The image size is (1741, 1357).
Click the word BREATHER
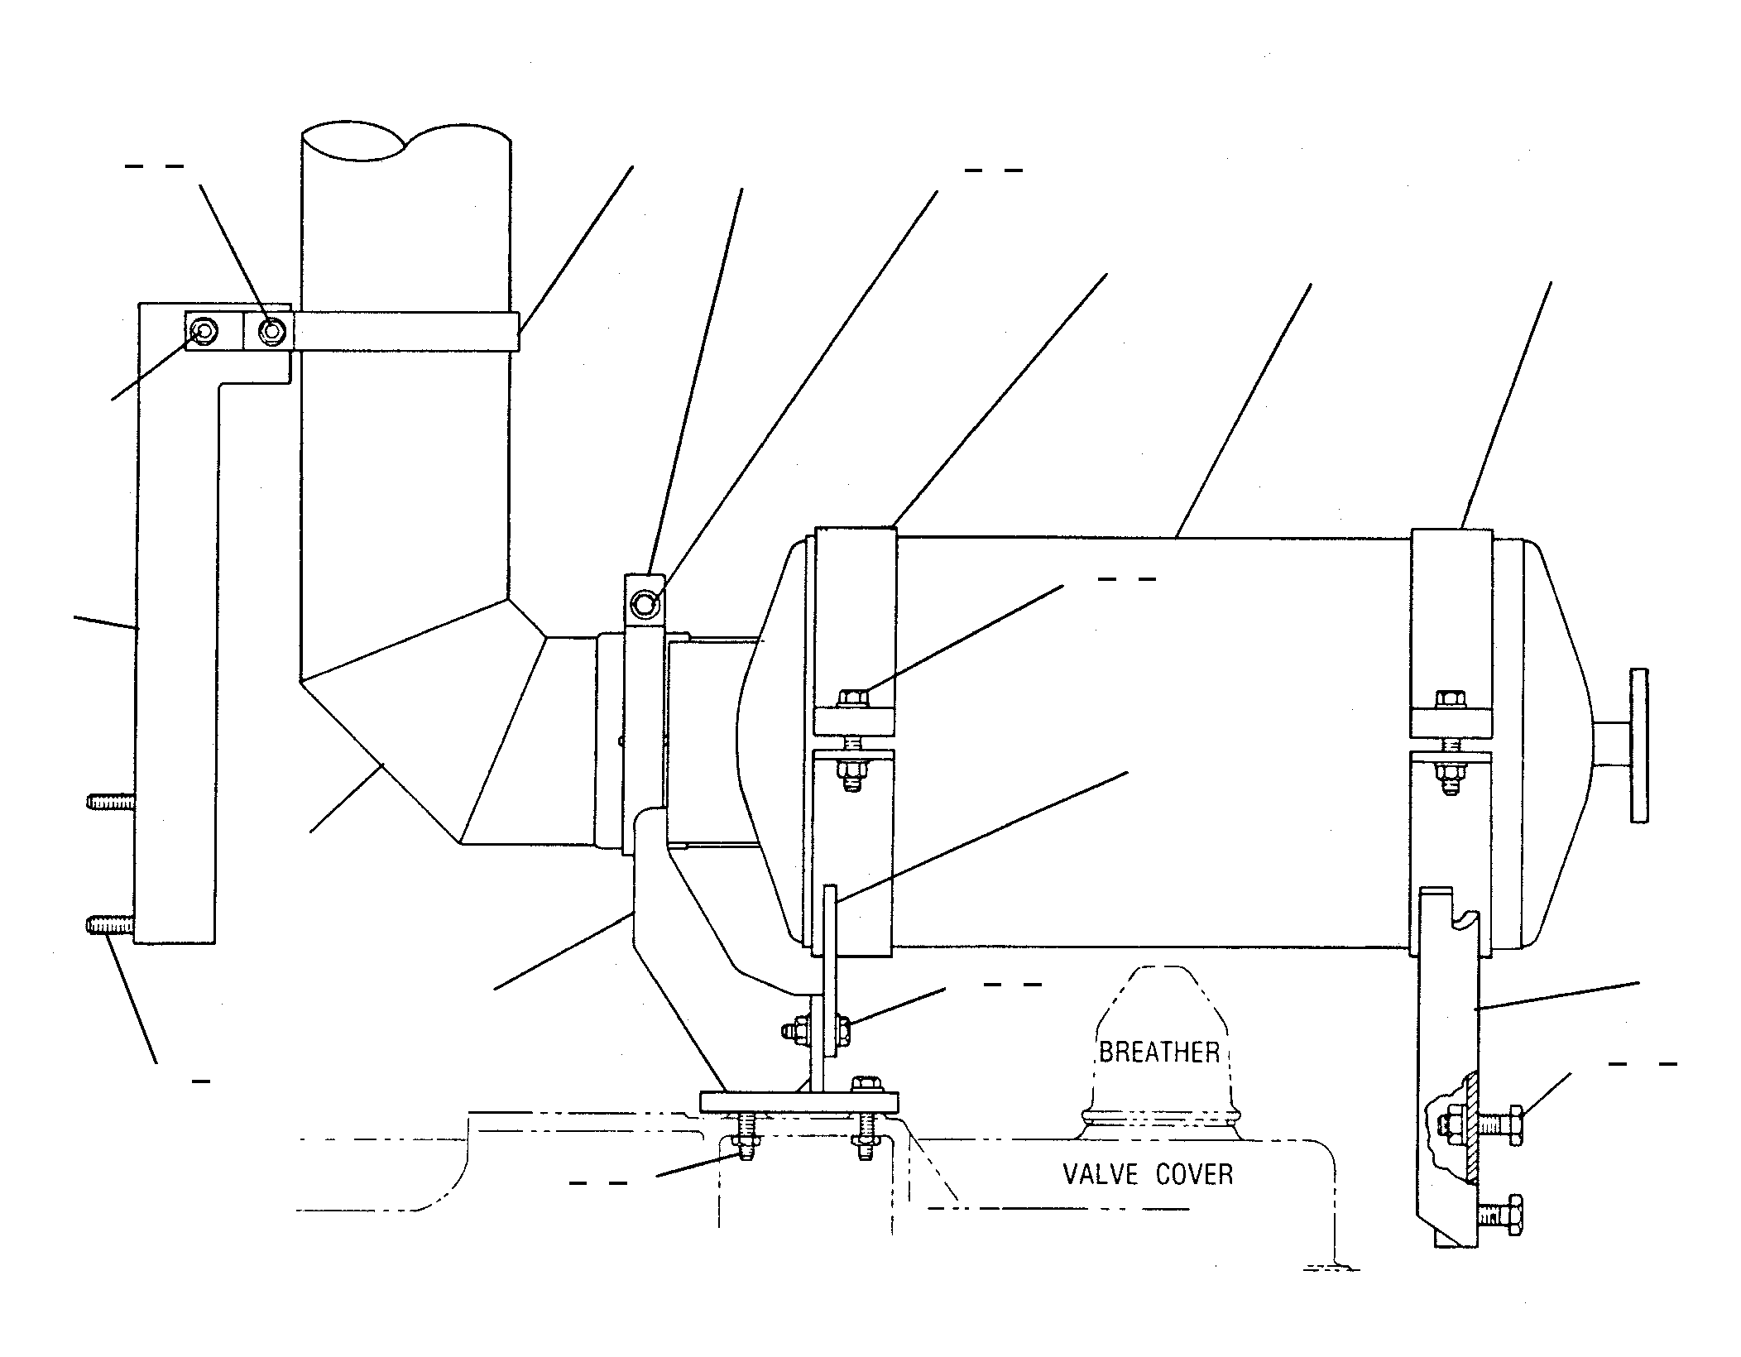click(1159, 1053)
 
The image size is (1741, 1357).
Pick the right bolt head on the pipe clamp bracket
click(272, 332)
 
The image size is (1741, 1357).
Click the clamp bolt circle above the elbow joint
click(644, 605)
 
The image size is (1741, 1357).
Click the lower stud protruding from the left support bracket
click(111, 923)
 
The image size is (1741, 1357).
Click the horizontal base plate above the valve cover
click(799, 1102)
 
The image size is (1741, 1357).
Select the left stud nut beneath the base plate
click(746, 1145)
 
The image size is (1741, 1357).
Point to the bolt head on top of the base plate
click(866, 1083)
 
